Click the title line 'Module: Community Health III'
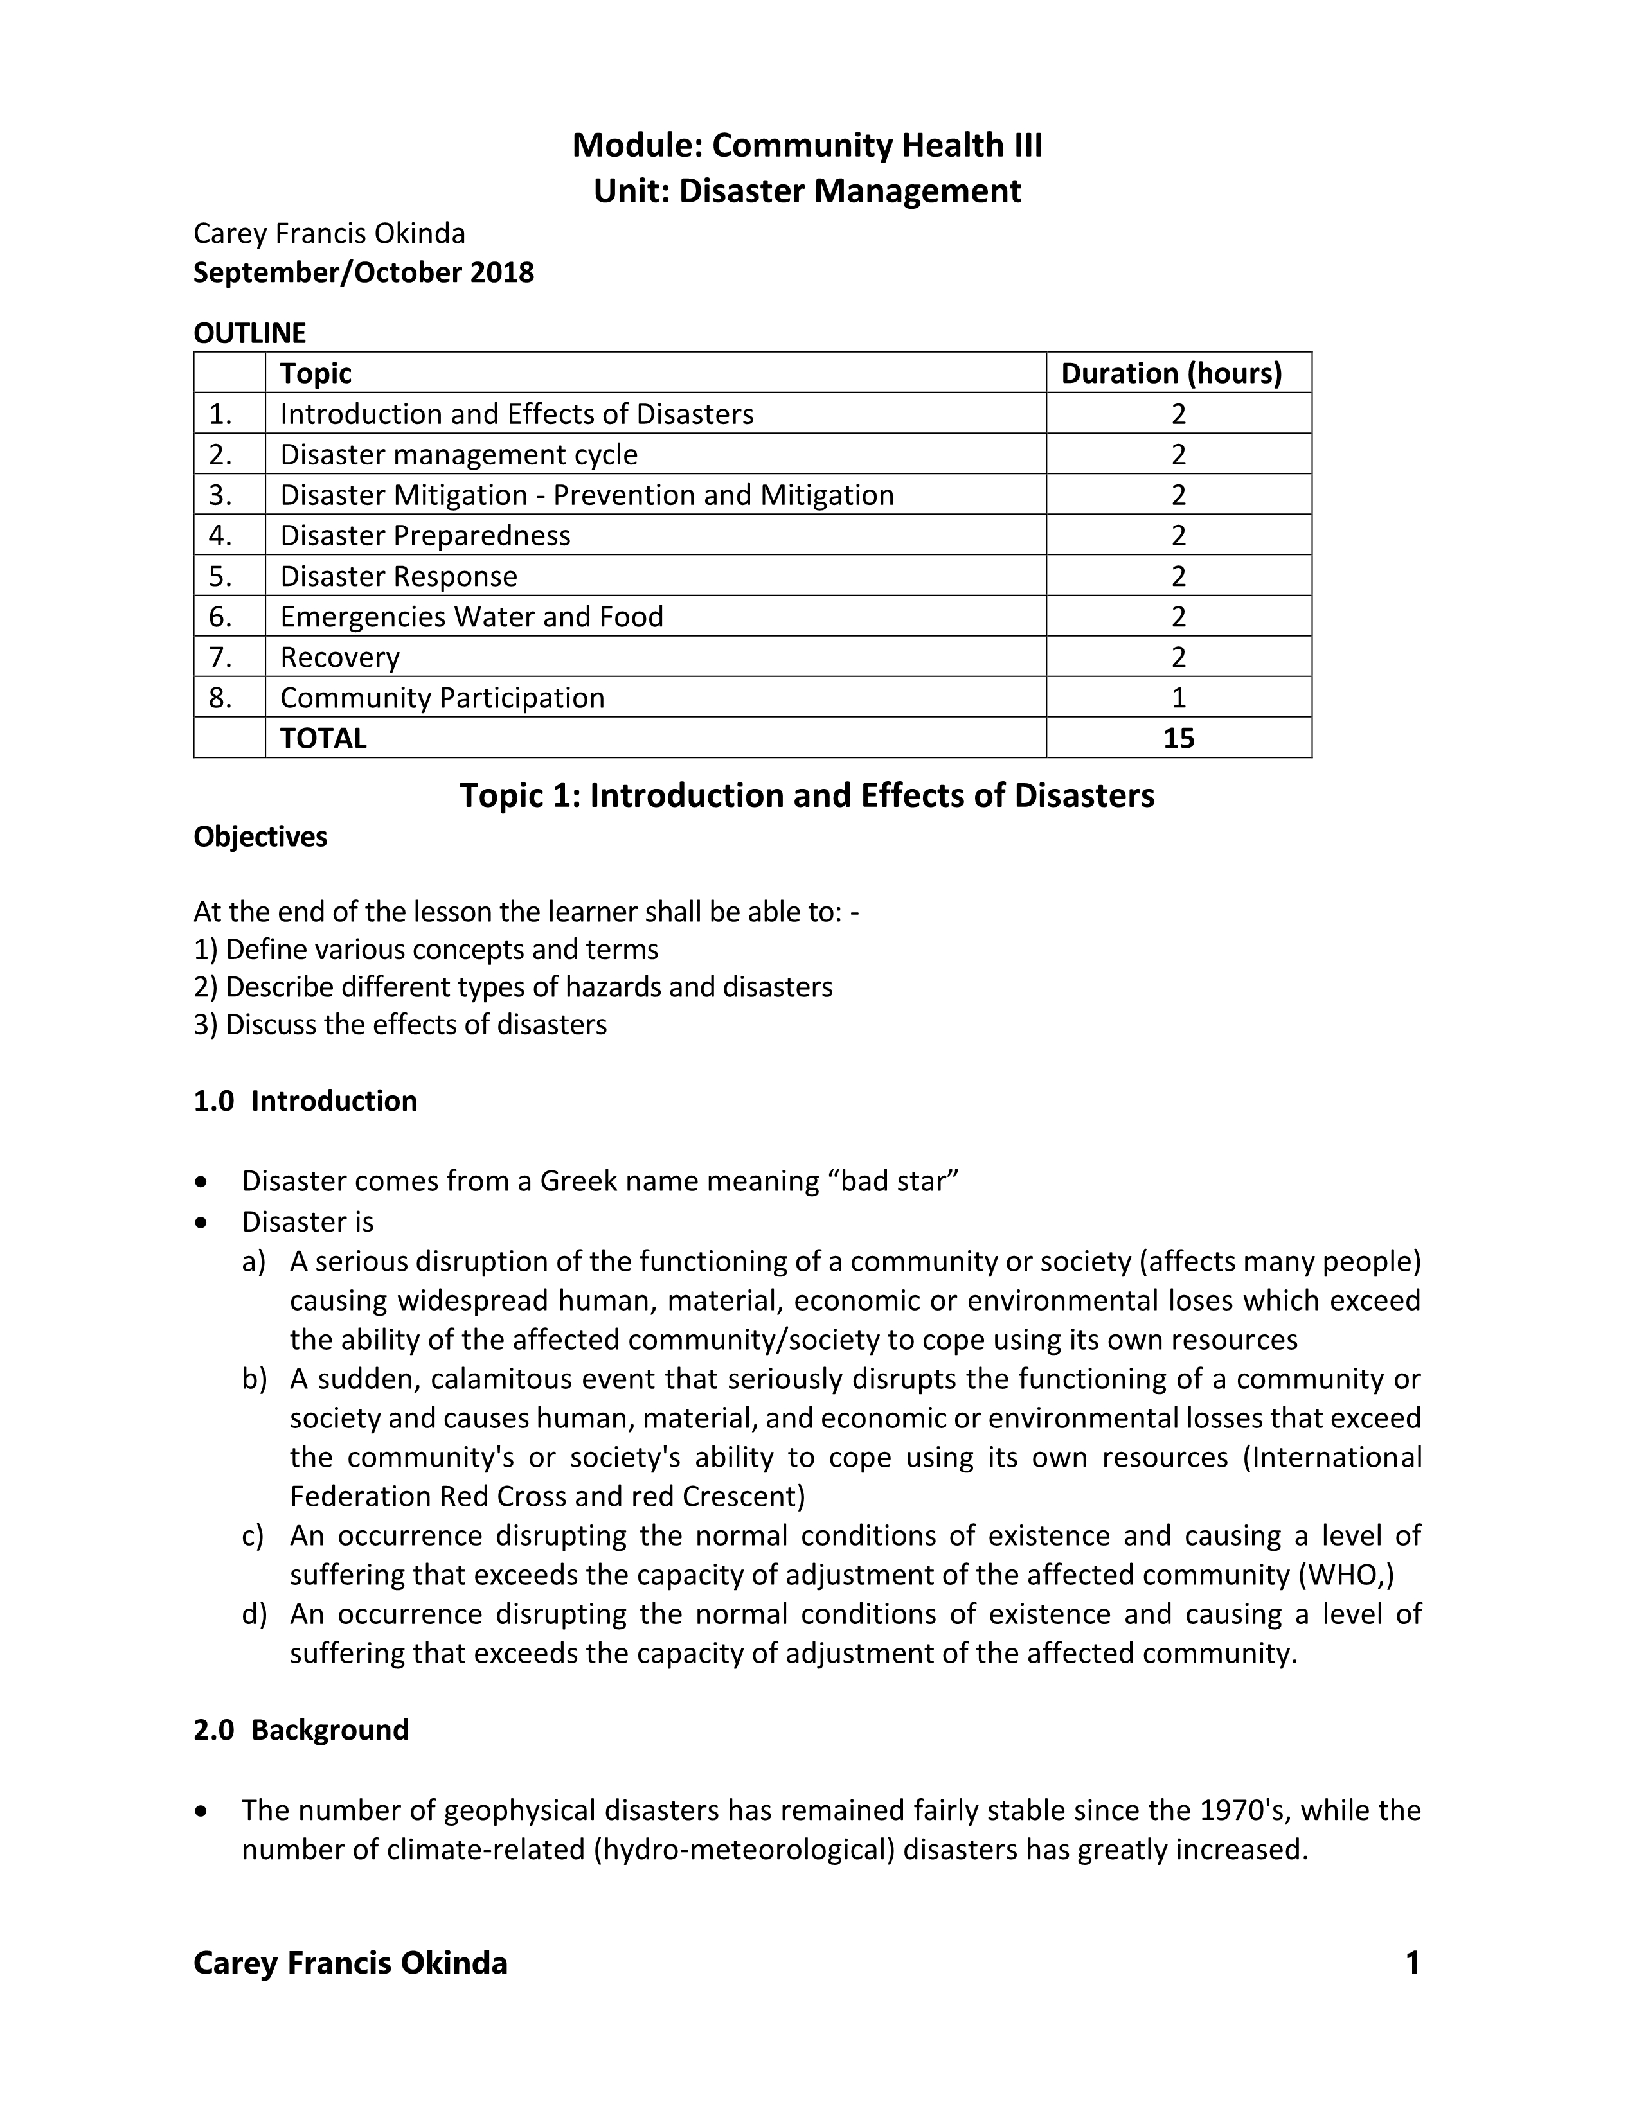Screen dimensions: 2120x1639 [807, 146]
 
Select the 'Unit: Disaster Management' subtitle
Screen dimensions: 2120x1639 [807, 191]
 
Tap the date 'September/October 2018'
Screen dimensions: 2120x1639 [363, 273]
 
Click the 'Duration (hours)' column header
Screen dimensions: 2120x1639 [1171, 374]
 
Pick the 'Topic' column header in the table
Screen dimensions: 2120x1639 [316, 374]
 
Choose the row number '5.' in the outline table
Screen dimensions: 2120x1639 [220, 577]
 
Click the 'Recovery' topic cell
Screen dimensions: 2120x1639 [340, 657]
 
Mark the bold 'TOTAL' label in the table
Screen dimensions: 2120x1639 [323, 739]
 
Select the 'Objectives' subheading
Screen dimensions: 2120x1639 [260, 836]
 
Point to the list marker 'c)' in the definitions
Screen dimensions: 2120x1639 [253, 1535]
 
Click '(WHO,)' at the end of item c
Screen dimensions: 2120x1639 [1346, 1575]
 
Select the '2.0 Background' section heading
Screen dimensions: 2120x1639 [301, 1730]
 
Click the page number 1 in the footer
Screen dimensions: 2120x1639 [1413, 1963]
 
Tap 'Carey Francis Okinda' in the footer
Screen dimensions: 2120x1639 [350, 1963]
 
